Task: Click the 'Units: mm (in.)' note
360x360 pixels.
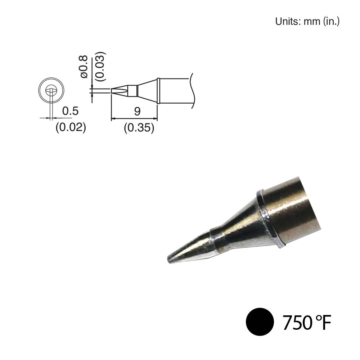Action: click(x=307, y=21)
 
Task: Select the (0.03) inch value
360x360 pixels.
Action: click(x=100, y=66)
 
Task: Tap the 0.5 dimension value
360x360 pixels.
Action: click(x=70, y=111)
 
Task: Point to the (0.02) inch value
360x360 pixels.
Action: click(x=71, y=127)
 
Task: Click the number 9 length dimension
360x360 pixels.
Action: click(x=137, y=111)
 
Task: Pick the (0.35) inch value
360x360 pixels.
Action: click(x=139, y=127)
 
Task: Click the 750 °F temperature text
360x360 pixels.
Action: click(x=306, y=323)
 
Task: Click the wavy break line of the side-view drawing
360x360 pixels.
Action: click(x=192, y=90)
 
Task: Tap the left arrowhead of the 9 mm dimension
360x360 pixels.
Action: click(x=113, y=118)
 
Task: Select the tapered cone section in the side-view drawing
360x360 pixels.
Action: click(x=147, y=90)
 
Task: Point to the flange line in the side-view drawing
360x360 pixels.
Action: click(x=158, y=91)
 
